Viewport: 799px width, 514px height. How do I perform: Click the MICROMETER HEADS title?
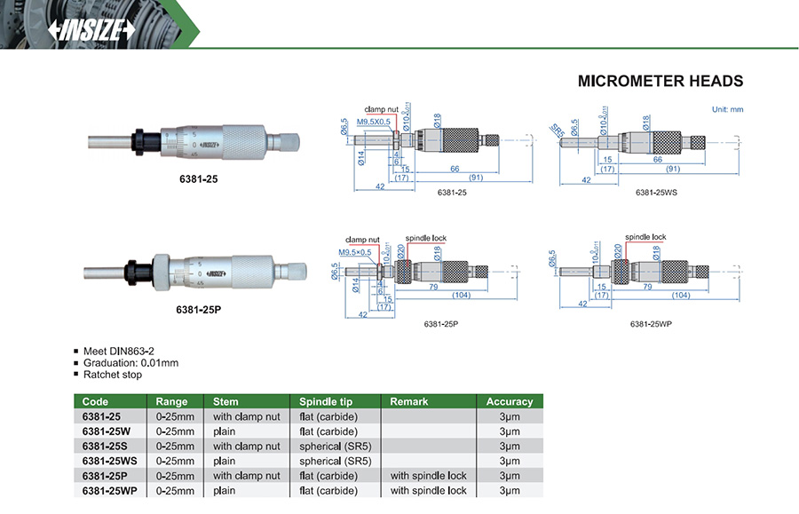[660, 81]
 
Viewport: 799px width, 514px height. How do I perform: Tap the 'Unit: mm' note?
[727, 109]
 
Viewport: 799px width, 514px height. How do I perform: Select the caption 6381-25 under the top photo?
[198, 178]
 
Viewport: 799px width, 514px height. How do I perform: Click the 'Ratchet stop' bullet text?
[113, 375]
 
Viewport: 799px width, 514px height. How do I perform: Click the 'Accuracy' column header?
[510, 401]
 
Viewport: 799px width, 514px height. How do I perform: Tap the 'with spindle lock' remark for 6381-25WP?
[428, 490]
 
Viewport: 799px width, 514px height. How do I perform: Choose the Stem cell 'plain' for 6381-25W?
[225, 431]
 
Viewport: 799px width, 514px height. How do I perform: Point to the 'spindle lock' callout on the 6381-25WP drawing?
[645, 237]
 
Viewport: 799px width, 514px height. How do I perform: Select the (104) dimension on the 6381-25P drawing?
[461, 295]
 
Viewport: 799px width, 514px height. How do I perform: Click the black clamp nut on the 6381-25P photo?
[136, 270]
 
